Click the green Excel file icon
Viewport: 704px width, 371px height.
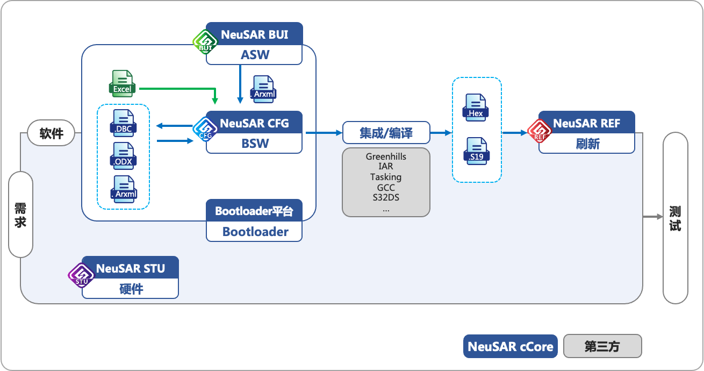(x=122, y=84)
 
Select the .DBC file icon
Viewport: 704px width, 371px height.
(x=123, y=122)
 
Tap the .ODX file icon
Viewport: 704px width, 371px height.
(x=123, y=155)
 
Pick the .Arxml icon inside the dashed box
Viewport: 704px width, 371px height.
(x=123, y=188)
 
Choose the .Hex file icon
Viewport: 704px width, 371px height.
(x=476, y=106)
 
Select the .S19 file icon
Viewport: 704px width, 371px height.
(x=476, y=151)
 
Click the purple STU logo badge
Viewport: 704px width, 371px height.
(x=81, y=275)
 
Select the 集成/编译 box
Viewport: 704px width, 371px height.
(x=386, y=132)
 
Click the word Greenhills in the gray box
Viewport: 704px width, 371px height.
(x=386, y=156)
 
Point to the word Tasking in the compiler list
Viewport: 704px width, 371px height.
(x=386, y=177)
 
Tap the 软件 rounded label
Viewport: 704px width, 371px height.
(x=51, y=133)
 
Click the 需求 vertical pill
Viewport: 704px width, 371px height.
(x=21, y=215)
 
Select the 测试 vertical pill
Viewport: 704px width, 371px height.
(x=675, y=218)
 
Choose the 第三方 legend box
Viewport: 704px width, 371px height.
(x=602, y=346)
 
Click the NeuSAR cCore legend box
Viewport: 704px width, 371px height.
(x=511, y=346)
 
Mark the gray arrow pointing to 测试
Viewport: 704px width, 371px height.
(x=652, y=217)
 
